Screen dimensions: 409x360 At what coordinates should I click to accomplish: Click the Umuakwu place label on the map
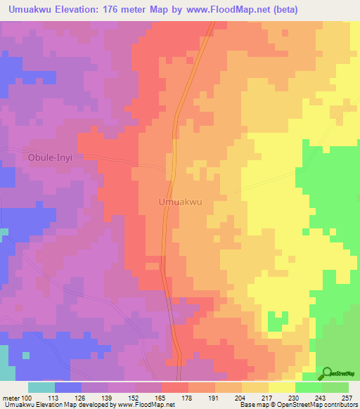click(181, 202)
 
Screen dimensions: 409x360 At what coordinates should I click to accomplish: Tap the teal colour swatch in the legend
click(41, 387)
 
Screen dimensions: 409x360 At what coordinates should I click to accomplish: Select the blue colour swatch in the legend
click(68, 387)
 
